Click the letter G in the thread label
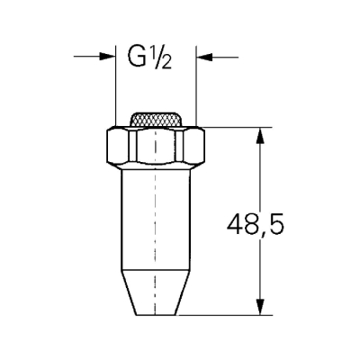138,60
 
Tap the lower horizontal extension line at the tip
225,314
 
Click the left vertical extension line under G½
116,90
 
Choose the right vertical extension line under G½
196,90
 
